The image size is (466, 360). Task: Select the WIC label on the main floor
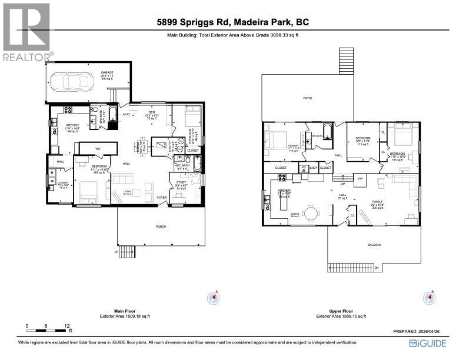point(98,149)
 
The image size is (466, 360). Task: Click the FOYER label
point(162,198)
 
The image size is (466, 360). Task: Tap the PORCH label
point(160,226)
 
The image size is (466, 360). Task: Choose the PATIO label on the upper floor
point(307,98)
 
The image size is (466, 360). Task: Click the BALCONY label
point(374,245)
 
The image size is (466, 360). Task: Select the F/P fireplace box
point(360,178)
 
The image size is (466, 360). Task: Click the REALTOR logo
point(27,32)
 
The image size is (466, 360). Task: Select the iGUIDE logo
point(428,343)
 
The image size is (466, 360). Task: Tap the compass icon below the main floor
point(212,298)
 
